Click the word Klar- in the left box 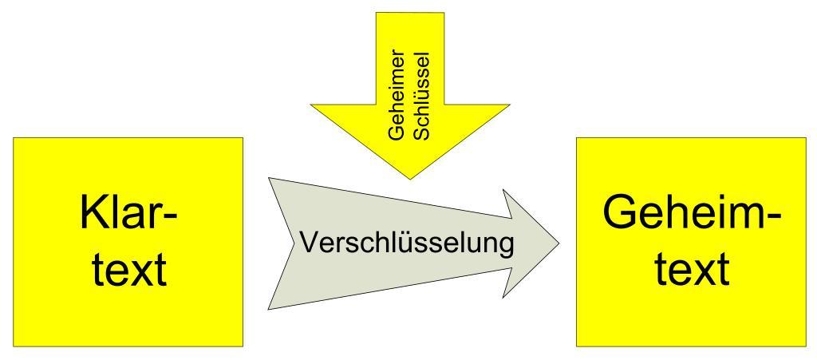click(128, 214)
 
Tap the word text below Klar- click(130, 271)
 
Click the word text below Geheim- click(691, 269)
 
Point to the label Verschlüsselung click(407, 243)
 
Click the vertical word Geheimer click(397, 95)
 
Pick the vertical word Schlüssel click(423, 95)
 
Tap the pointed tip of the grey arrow click(559, 243)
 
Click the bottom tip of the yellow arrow click(410, 180)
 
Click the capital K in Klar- click(93, 214)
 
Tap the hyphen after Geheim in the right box click(773, 218)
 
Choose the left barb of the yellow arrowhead click(310, 105)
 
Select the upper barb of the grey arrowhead click(503, 190)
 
